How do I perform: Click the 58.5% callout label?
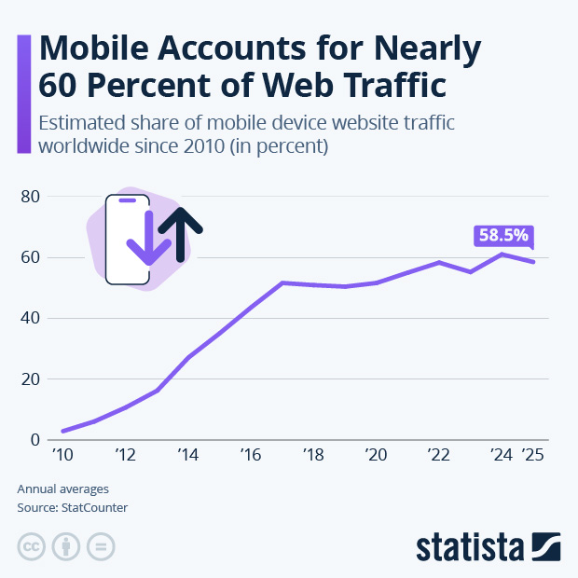coord(502,236)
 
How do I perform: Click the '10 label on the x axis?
coord(62,456)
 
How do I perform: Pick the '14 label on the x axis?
coord(187,456)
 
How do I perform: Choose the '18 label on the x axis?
coord(313,456)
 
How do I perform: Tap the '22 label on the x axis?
coord(439,456)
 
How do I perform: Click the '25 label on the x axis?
coord(532,456)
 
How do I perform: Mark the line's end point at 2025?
coord(533,262)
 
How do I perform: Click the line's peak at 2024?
coord(502,254)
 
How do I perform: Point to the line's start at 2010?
coord(62,431)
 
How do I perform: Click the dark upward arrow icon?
coord(180,232)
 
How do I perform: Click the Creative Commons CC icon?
coord(32,545)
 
